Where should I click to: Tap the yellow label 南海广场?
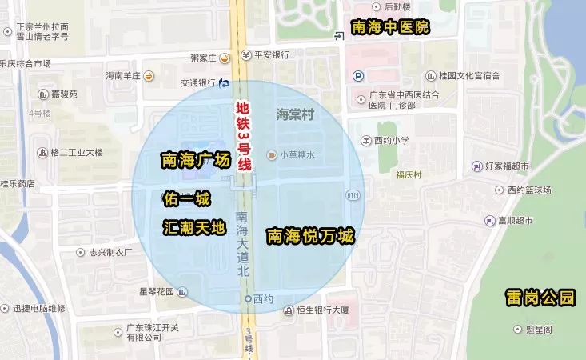coord(196,160)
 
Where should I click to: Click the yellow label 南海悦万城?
coord(310,236)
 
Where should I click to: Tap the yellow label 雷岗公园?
coord(540,298)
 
